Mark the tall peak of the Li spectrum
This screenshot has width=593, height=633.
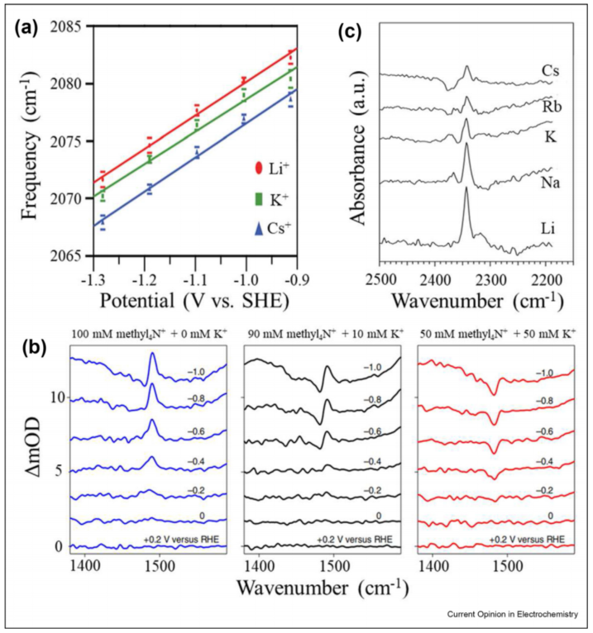click(x=466, y=192)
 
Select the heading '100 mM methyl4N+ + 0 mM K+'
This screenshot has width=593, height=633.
click(x=149, y=336)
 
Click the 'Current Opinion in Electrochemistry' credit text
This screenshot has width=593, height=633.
click(x=512, y=614)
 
